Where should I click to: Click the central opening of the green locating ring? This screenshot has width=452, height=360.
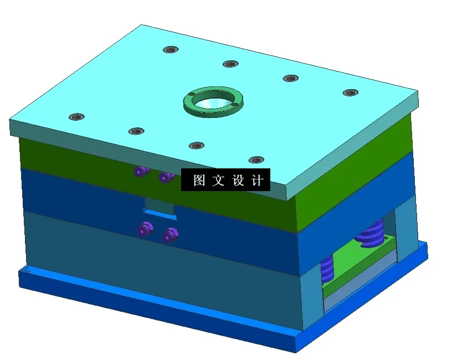[x=213, y=101]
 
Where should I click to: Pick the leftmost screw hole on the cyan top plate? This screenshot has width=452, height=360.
[x=76, y=117]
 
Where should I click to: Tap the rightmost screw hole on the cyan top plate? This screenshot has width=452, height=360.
[x=350, y=92]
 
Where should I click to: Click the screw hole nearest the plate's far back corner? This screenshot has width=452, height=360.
[x=171, y=49]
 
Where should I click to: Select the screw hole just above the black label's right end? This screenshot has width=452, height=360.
[x=256, y=160]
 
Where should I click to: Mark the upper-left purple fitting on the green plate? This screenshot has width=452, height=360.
[x=141, y=171]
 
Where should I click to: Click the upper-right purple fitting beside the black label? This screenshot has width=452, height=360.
[x=166, y=177]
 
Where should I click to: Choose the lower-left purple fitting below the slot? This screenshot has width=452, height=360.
[x=145, y=228]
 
